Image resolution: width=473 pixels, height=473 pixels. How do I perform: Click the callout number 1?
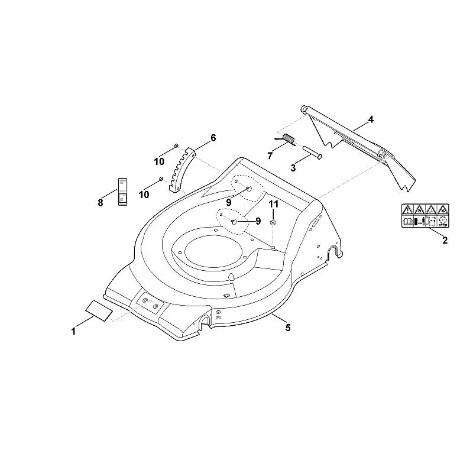73,332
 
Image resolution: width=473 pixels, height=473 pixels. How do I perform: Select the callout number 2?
445,241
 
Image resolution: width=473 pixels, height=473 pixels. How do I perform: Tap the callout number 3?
293,168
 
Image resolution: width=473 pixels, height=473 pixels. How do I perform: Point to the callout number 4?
371,120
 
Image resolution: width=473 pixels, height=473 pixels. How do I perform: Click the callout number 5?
288,328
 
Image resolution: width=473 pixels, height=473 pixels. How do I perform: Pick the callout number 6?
213,138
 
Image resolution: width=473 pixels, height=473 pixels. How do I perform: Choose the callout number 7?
270,155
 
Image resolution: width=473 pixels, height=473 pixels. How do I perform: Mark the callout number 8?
101,202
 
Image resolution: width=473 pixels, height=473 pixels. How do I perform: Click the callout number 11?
274,204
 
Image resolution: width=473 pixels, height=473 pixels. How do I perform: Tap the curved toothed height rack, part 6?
183,169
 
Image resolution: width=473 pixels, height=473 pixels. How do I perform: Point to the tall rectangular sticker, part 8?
122,192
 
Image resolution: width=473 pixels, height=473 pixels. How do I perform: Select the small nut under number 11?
273,223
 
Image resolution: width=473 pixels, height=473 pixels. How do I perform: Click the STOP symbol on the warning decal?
443,221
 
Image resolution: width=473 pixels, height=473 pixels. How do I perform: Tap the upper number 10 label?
159,161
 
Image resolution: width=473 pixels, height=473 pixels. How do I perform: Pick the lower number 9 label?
258,221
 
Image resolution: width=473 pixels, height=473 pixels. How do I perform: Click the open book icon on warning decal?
407,222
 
